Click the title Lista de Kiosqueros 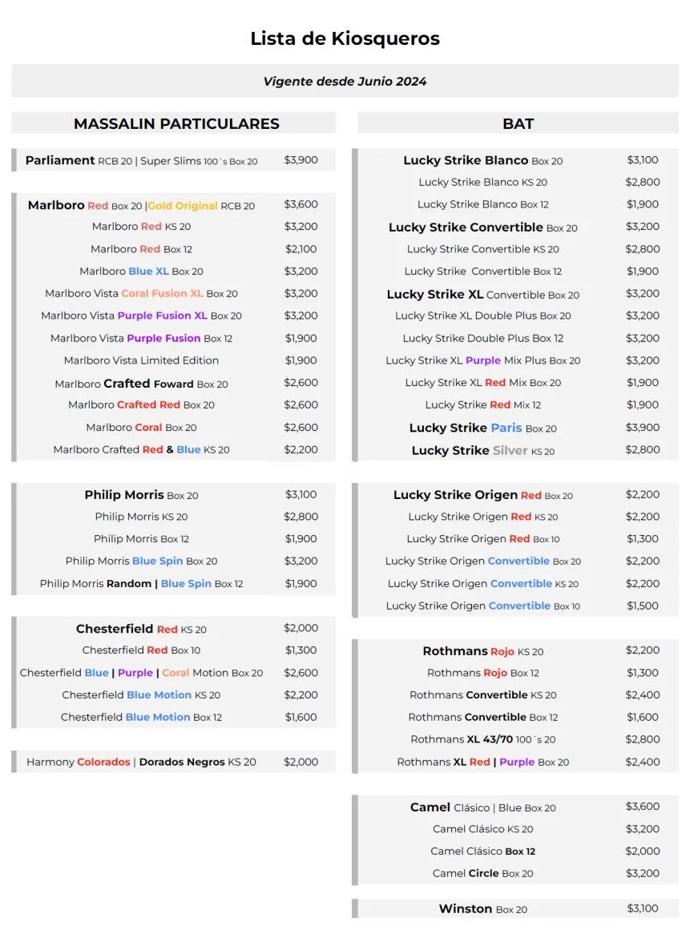pyautogui.click(x=345, y=38)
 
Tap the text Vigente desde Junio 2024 pyautogui.click(x=345, y=81)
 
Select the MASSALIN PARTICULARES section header pyautogui.click(x=176, y=124)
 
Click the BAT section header pyautogui.click(x=518, y=124)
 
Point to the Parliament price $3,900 pyautogui.click(x=301, y=160)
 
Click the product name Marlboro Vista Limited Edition pyautogui.click(x=141, y=360)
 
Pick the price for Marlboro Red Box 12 pyautogui.click(x=301, y=249)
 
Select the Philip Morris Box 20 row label pyautogui.click(x=141, y=495)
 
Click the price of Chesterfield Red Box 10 pyautogui.click(x=301, y=650)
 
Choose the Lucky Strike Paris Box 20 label pyautogui.click(x=482, y=428)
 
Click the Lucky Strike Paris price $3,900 pyautogui.click(x=642, y=428)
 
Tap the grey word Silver pyautogui.click(x=510, y=450)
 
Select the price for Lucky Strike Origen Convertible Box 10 pyautogui.click(x=642, y=606)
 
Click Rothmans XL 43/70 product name pyautogui.click(x=482, y=739)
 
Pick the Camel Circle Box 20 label pyautogui.click(x=482, y=873)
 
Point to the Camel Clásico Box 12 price pyautogui.click(x=642, y=851)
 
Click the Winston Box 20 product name pyautogui.click(x=482, y=909)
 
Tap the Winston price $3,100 pyautogui.click(x=642, y=908)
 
